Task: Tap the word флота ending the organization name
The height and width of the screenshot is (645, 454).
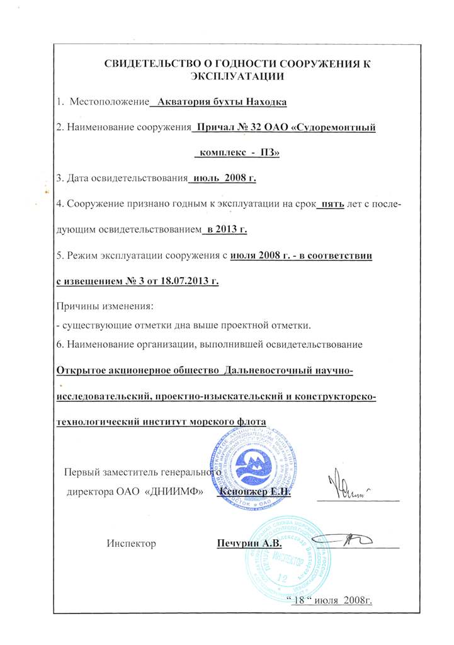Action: tap(250, 421)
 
